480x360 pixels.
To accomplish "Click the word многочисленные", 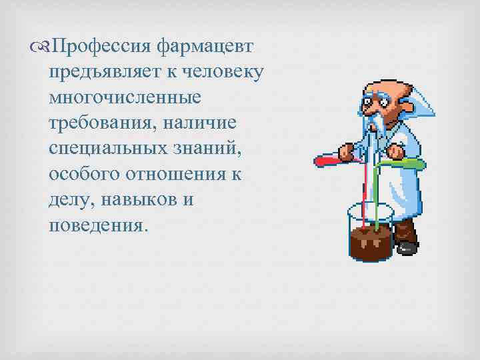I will click(125, 98).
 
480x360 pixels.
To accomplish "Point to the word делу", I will click(70, 199).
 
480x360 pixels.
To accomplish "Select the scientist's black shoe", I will click(406, 247).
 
